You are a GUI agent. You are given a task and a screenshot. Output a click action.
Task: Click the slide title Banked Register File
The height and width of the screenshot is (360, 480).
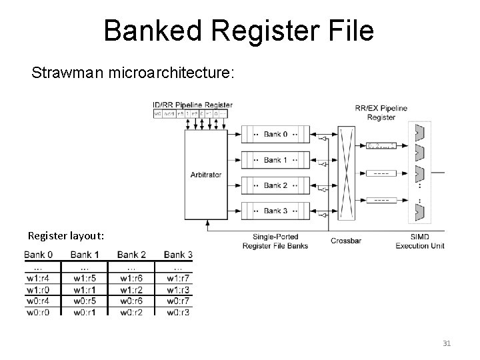pos(239,31)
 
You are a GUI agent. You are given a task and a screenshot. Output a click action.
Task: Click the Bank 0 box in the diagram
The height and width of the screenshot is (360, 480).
pos(275,135)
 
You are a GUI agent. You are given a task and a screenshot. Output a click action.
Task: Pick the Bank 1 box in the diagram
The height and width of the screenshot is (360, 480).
pos(275,160)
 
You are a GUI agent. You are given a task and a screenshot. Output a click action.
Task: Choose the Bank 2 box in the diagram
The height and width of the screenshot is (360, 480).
pos(275,185)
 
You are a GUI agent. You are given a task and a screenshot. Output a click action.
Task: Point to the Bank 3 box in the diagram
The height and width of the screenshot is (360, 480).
pos(275,211)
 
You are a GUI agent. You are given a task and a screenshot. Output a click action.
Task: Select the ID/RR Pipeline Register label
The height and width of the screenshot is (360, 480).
pos(193,105)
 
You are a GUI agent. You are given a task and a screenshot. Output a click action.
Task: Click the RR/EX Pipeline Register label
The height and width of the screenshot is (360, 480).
pos(381,111)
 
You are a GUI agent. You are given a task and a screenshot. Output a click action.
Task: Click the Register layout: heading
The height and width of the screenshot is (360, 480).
pos(65,236)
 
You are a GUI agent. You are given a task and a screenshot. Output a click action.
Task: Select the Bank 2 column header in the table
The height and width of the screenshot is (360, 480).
pos(131,255)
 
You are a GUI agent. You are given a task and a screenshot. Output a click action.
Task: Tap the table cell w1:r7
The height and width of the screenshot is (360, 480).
pos(178,278)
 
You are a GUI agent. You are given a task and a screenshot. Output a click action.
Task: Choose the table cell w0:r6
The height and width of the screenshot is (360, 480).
pos(131,301)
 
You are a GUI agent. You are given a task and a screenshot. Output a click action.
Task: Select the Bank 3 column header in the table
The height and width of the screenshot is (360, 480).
pos(178,255)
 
